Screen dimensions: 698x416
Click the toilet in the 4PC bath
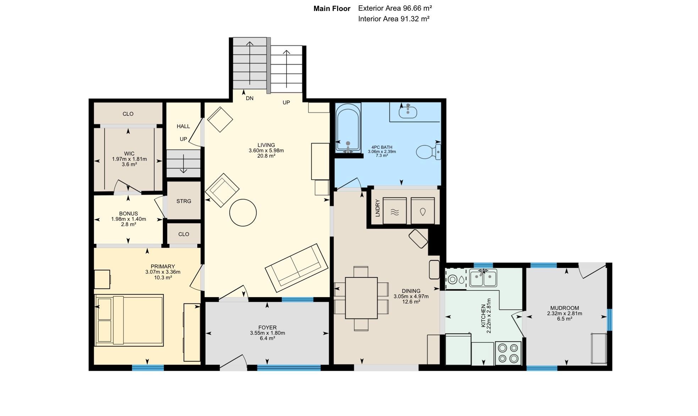428,152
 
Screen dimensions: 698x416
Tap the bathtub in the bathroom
348,128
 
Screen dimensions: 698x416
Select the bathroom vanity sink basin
408,112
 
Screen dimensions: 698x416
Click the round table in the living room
243,213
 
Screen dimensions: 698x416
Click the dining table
361,298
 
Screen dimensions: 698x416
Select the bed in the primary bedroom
129,320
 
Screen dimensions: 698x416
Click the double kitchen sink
483,278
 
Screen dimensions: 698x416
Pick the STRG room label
184,201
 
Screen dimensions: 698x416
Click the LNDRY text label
378,208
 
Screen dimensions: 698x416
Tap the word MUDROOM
565,308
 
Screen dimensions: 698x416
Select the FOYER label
268,328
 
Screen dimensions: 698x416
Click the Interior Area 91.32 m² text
394,19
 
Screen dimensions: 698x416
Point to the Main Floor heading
332,9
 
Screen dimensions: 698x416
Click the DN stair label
249,98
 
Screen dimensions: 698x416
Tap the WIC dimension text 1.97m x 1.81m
130,159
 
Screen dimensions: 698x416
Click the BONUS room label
128,214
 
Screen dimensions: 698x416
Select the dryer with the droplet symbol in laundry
423,211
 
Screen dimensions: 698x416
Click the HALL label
183,126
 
